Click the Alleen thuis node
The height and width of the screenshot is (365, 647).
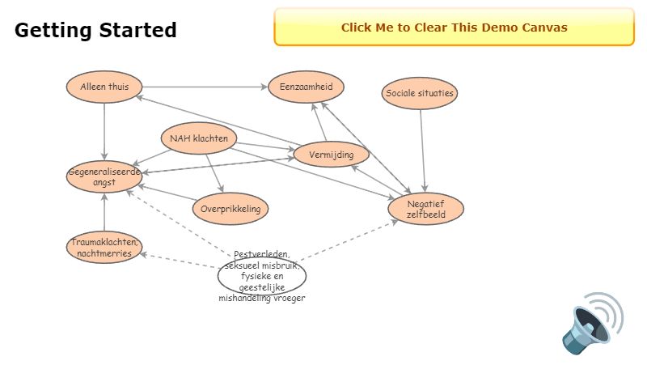tap(104, 87)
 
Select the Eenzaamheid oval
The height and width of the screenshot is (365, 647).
tap(306, 87)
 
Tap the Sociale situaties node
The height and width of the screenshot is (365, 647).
tap(420, 93)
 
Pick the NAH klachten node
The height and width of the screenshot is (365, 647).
tap(198, 138)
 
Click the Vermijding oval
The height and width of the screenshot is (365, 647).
tap(331, 154)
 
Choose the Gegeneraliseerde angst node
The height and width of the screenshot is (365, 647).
tap(104, 176)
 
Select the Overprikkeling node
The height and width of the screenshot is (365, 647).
tap(230, 209)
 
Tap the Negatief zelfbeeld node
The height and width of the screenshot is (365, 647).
tap(425, 209)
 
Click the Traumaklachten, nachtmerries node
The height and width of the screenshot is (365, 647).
tap(104, 248)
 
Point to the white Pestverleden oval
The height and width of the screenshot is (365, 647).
tap(262, 275)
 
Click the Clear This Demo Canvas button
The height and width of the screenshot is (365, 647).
tap(454, 28)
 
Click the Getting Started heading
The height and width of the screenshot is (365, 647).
tap(95, 31)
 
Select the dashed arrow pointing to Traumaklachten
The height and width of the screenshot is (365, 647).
tap(182, 261)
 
